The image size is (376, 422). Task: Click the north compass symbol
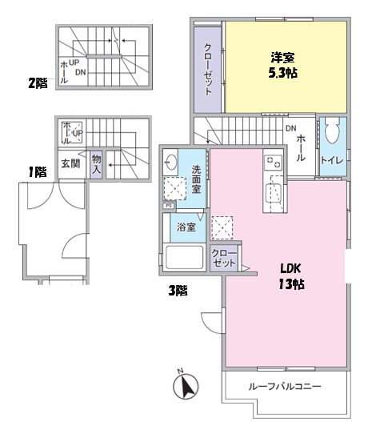pos(186,387)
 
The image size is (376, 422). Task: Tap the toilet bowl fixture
pos(332,131)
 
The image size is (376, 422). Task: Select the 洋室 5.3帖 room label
pos(283,65)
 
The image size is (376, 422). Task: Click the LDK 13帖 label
pos(291,276)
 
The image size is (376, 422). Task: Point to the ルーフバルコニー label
pos(285,387)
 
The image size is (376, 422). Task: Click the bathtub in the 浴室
pos(184,257)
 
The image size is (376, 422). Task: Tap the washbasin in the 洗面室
pos(170,162)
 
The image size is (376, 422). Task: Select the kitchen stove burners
pos(273,163)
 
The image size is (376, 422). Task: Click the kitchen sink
pos(273,193)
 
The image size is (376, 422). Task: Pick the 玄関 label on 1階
pos(70,163)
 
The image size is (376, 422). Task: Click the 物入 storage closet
pos(96,164)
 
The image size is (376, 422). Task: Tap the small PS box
pos(169,206)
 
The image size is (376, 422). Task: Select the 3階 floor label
pos(178,291)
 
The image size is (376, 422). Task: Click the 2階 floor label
pos(38,83)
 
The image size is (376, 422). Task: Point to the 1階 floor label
pos(38,172)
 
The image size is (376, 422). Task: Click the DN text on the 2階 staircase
pos(81,72)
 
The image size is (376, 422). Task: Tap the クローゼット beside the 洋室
pos(208,70)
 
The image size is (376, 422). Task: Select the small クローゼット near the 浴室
pos(224,258)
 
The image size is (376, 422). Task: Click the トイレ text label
pos(332,160)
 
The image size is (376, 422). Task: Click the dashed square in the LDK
pos(222,227)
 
